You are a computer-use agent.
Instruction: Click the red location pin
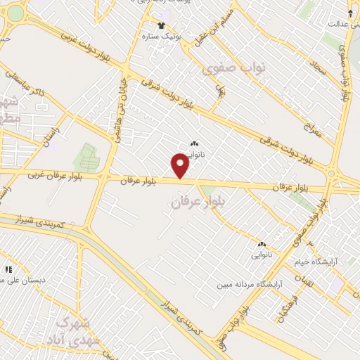pyautogui.click(x=181, y=166)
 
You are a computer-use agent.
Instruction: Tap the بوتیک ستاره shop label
pyautogui.click(x=162, y=35)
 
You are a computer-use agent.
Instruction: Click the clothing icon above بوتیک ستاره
pyautogui.click(x=162, y=25)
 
